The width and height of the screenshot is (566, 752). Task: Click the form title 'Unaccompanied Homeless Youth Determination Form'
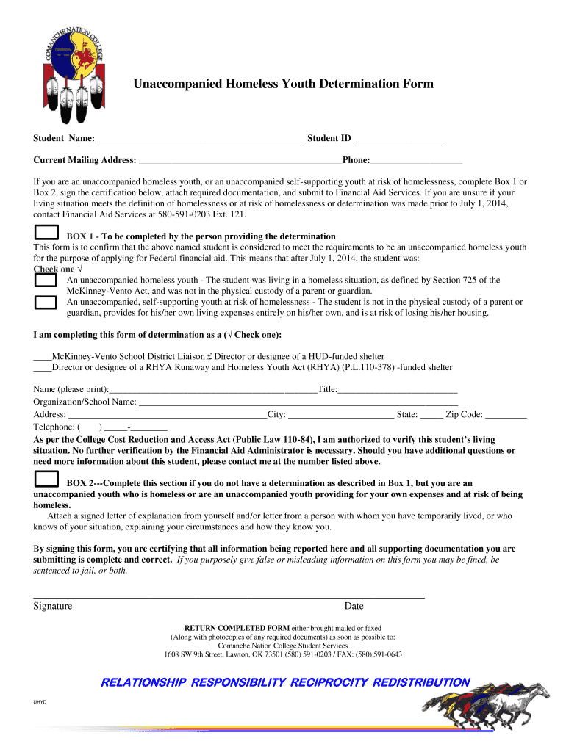point(283,84)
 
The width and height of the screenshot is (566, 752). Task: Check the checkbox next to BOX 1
point(46,233)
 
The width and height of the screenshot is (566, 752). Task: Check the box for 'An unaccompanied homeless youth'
point(46,280)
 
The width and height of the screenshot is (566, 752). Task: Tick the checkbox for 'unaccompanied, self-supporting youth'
point(46,301)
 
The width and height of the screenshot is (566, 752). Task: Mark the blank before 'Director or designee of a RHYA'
point(42,367)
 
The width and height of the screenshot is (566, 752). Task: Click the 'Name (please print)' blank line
point(212,391)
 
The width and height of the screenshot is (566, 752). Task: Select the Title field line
point(397,391)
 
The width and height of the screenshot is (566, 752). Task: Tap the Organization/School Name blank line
point(298,403)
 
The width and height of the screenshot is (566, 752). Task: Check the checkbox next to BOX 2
point(46,480)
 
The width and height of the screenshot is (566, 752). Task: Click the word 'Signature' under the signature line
point(52,606)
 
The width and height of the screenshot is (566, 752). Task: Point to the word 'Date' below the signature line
point(354,606)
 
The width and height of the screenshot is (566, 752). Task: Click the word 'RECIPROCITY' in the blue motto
point(329,682)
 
